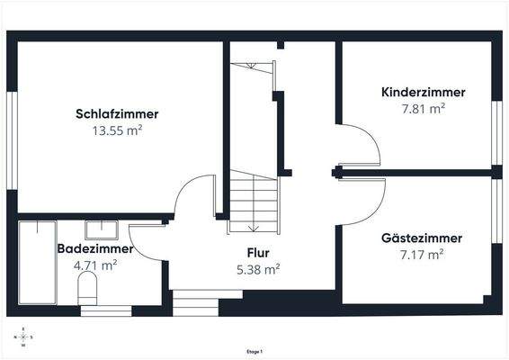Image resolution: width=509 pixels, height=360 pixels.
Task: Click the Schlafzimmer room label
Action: [117, 114]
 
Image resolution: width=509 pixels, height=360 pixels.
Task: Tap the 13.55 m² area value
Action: [117, 130]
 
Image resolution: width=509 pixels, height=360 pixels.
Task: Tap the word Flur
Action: [258, 253]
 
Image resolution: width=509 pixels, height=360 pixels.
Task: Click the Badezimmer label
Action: [95, 248]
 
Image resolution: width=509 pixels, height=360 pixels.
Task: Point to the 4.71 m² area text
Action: [95, 265]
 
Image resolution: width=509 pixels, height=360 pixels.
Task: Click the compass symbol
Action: [23, 337]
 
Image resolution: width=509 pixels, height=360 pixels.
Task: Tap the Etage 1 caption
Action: [254, 351]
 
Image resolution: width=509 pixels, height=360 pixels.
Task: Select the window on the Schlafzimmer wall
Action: [13, 126]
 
